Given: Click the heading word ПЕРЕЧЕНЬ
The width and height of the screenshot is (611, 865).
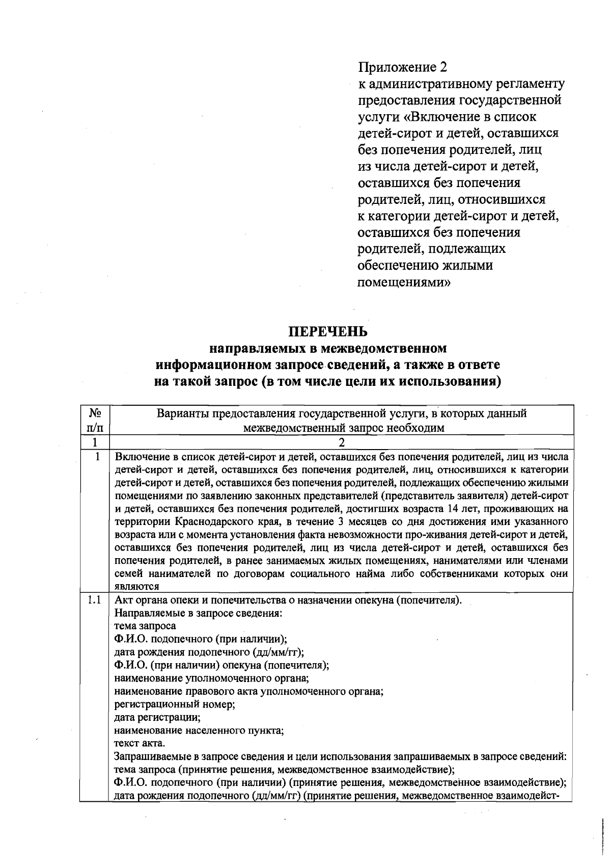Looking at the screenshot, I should click(328, 332).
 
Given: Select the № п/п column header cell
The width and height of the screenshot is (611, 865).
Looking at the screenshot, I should click(94, 420).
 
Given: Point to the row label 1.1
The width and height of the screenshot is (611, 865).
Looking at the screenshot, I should click(94, 599).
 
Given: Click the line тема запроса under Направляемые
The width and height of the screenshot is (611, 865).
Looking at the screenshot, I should click(145, 625).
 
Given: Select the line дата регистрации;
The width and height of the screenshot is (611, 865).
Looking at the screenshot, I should click(157, 717).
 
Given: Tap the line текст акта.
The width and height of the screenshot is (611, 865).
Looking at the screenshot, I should click(140, 743).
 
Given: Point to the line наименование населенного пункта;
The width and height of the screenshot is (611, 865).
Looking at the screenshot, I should click(199, 730).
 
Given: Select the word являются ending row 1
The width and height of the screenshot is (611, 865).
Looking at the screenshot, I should click(136, 586).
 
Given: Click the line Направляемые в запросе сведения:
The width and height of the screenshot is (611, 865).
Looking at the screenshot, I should click(198, 613).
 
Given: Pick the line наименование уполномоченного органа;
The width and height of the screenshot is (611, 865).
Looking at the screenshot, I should click(212, 678).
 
